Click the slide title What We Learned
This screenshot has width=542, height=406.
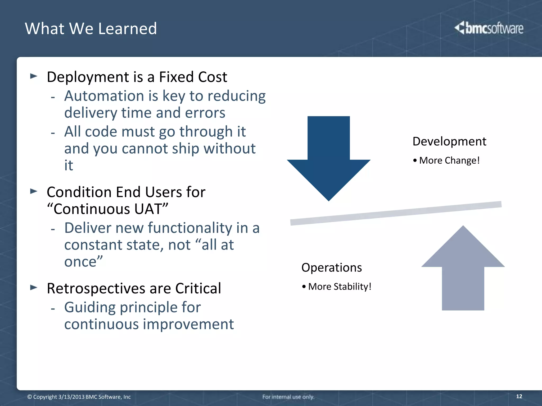point(91,29)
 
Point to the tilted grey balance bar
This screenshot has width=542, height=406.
point(396,213)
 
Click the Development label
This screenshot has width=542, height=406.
point(449,141)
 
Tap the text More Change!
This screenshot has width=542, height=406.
point(449,160)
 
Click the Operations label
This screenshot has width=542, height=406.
point(331,267)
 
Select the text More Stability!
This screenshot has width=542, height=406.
point(340,287)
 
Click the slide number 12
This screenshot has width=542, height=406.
point(519,396)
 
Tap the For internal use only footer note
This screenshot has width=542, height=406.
point(288,397)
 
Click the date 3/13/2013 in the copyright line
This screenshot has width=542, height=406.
point(71,397)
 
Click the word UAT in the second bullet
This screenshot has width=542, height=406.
point(148,209)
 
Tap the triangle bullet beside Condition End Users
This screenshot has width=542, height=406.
point(34,191)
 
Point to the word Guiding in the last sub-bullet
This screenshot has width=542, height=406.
point(90,307)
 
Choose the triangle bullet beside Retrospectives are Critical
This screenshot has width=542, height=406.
point(34,287)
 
